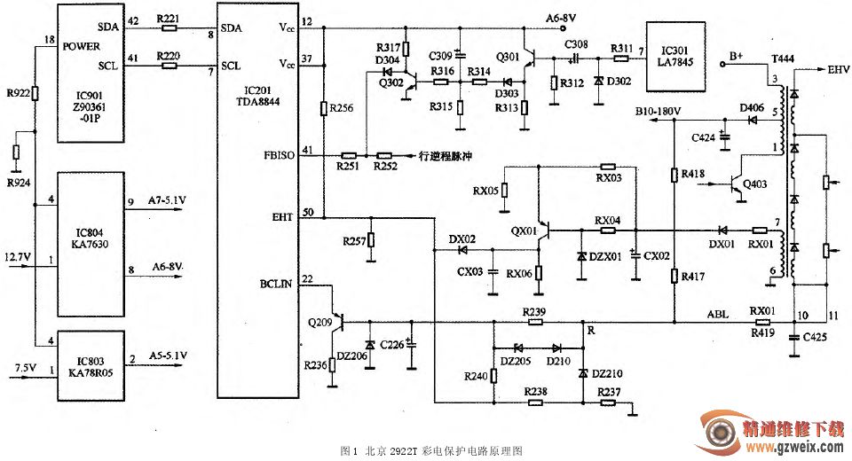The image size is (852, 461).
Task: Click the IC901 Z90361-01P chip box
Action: (91, 72)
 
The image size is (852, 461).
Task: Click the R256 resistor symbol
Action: (324, 109)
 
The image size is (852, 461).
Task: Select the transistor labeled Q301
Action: (530, 60)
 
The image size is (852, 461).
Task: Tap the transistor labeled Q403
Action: (738, 184)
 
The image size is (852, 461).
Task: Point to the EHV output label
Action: (838, 69)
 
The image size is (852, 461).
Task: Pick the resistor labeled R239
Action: (534, 322)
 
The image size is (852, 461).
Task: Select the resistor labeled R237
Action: (608, 402)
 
